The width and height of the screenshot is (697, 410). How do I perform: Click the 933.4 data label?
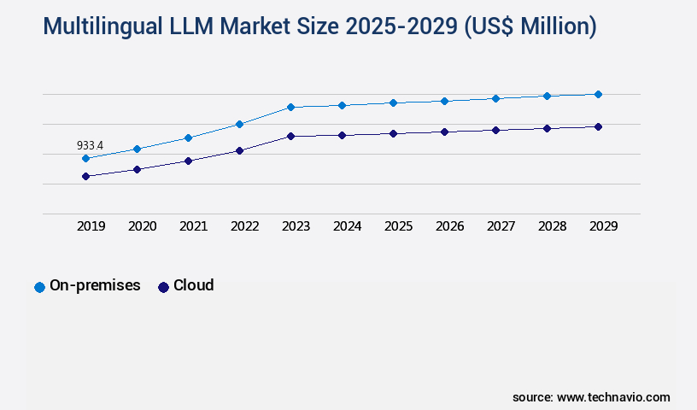tap(90, 146)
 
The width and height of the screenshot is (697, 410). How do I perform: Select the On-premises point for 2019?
tap(85, 158)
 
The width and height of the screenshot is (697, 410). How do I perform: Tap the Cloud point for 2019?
tap(85, 176)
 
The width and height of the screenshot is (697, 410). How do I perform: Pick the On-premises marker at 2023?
tap(290, 107)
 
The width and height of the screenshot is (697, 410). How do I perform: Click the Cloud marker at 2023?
tap(290, 136)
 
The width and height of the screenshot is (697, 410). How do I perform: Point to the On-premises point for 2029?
tap(598, 94)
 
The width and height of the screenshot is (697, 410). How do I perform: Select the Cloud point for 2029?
tap(598, 126)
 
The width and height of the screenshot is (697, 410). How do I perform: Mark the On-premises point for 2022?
tap(239, 124)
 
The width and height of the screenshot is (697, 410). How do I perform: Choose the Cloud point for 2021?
tap(188, 161)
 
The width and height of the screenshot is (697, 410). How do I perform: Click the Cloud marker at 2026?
tap(444, 132)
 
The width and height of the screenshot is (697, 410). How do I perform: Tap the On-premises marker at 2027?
tap(495, 98)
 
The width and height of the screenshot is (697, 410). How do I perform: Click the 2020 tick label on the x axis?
tap(142, 226)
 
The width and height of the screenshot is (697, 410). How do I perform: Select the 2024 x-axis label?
tap(347, 226)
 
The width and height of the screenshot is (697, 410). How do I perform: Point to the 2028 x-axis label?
tap(552, 226)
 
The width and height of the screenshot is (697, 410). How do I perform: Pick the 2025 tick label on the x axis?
tap(398, 226)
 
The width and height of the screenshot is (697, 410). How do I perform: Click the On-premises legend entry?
tap(87, 286)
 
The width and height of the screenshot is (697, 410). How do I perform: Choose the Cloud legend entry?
tap(186, 286)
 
